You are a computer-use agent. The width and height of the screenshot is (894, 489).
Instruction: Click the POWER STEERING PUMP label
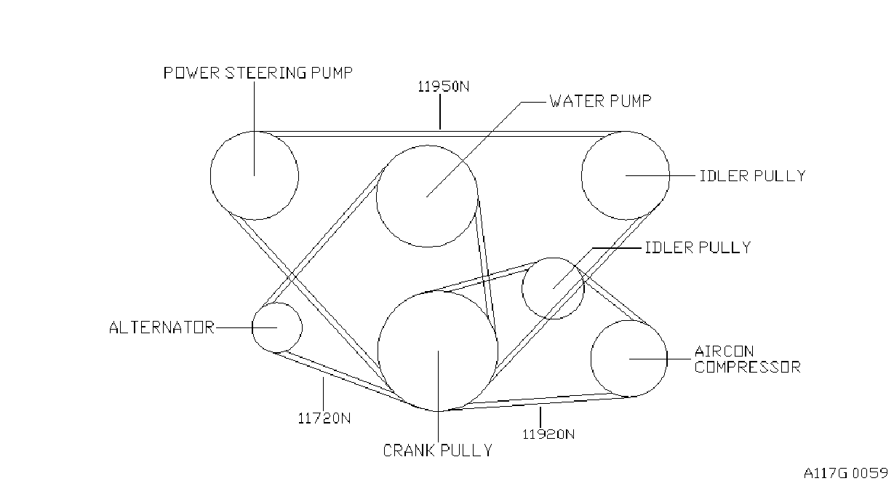click(258, 73)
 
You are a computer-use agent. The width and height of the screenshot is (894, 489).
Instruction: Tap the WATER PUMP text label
click(600, 101)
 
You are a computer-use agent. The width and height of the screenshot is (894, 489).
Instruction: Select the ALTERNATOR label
click(161, 327)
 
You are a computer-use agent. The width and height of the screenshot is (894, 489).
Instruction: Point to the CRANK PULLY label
click(437, 450)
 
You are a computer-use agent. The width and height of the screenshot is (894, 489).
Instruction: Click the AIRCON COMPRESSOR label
click(748, 359)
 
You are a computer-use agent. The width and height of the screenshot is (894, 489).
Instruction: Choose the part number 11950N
click(444, 87)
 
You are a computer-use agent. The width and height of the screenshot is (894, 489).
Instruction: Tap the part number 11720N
click(324, 418)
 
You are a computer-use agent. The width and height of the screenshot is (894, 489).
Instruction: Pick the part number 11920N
click(548, 434)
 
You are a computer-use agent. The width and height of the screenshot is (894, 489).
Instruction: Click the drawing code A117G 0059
click(846, 473)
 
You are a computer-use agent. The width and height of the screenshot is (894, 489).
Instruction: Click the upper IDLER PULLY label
click(752, 176)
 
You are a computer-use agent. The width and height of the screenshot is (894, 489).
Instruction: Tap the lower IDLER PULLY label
click(698, 248)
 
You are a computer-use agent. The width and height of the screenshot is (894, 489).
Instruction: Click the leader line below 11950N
click(440, 112)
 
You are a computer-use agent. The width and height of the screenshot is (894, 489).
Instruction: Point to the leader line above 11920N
click(540, 417)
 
